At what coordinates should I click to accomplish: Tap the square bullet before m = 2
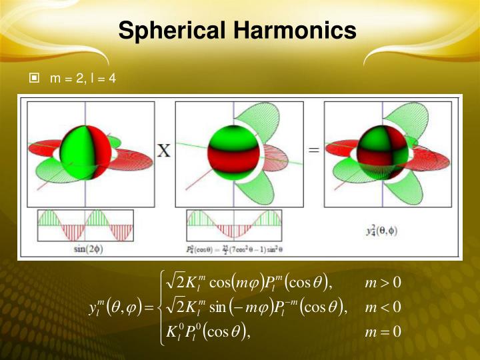pos(35,79)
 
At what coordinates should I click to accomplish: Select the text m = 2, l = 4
pos(83,79)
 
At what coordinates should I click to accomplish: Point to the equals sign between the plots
pos(314,151)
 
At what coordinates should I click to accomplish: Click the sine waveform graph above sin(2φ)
pos(85,226)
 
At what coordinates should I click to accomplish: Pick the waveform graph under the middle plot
pos(234,226)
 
